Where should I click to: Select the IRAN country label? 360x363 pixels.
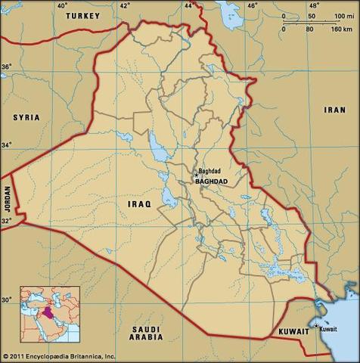(x=334, y=110)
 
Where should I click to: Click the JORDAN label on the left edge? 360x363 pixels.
(x=7, y=200)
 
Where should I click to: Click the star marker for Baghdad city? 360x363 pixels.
(x=196, y=175)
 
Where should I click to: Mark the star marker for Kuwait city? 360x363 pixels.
(x=316, y=326)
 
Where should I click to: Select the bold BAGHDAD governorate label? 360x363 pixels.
(x=212, y=182)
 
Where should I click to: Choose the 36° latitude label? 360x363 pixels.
(x=6, y=67)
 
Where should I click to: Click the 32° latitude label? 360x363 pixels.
(x=6, y=221)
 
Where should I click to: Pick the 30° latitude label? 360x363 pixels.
(x=6, y=300)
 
